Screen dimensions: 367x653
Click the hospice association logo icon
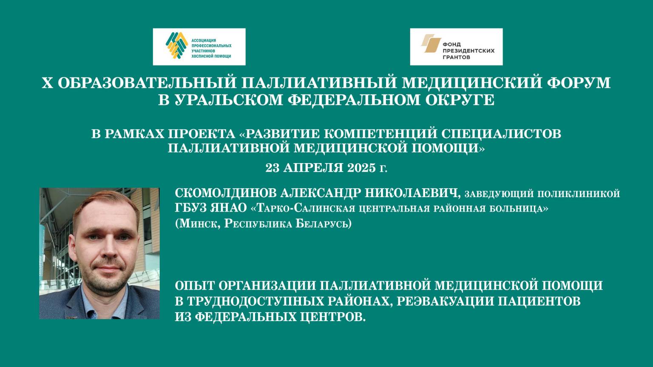[x=176, y=45]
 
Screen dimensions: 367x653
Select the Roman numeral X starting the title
[x=47, y=82]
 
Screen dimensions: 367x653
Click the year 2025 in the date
[x=361, y=168]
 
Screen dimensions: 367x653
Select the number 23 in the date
[x=273, y=168]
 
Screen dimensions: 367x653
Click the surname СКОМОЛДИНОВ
[x=225, y=193]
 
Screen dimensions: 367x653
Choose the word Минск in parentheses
[x=198, y=224]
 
